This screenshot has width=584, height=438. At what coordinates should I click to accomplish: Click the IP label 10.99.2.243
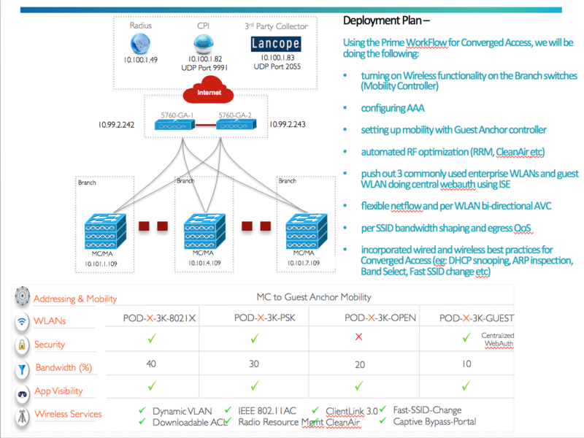[x=287, y=125]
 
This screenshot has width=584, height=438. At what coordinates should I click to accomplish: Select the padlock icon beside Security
[x=22, y=345]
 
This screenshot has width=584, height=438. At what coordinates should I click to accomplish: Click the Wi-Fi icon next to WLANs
[x=22, y=320]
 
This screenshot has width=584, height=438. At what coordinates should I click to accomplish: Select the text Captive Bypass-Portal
[x=435, y=422]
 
